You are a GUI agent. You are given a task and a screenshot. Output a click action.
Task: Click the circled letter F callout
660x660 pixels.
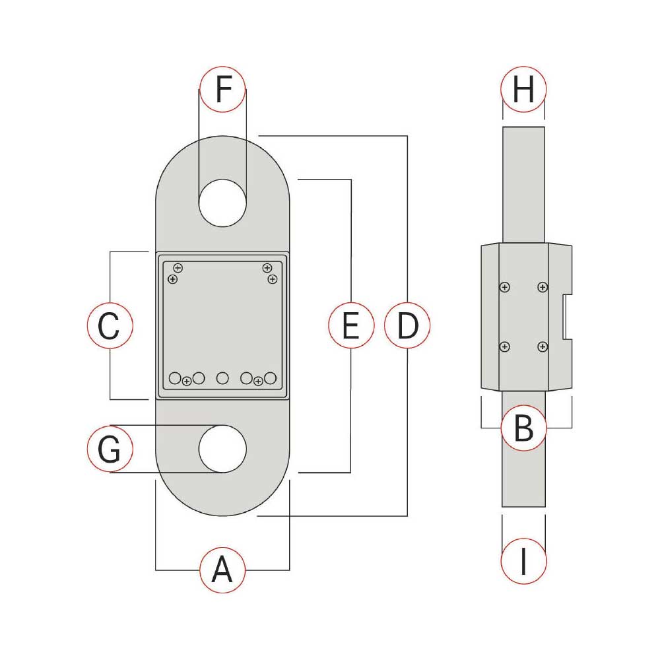point(222,89)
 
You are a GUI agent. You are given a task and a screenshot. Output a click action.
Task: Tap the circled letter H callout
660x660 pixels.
point(523,89)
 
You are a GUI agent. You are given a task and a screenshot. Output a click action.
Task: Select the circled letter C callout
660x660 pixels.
point(110,325)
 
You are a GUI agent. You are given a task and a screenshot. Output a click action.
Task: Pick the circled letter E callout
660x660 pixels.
point(351,325)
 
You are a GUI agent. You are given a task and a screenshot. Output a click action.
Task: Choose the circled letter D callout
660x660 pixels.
point(407,325)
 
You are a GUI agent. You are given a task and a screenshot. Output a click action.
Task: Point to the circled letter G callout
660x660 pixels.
point(110,449)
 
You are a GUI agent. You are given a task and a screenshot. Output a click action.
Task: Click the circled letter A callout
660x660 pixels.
point(222,570)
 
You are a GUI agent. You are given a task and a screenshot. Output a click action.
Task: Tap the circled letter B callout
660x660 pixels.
point(523,428)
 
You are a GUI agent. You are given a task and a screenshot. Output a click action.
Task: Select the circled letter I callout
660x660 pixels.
point(523,561)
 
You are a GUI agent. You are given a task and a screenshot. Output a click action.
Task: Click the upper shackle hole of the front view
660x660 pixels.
point(222,203)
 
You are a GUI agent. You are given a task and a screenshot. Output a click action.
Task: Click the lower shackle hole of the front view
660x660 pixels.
point(222,449)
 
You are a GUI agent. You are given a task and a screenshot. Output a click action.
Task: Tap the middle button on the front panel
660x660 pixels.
point(222,378)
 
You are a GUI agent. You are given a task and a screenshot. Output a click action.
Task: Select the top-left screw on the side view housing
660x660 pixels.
point(505,287)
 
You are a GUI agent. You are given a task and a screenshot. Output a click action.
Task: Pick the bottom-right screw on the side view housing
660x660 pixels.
point(543,347)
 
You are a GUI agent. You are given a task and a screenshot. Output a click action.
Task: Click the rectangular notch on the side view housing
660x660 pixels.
point(567,317)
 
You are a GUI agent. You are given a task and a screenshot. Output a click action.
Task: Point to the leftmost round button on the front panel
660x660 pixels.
point(175,378)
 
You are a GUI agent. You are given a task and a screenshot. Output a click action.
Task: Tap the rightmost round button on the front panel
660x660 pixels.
point(270,378)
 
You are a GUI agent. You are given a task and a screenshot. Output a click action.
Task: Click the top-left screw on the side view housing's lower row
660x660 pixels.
point(505,347)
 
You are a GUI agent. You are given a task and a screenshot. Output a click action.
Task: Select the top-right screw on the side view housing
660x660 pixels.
point(543,287)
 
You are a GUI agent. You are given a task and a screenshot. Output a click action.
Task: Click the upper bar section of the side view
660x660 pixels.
point(523,185)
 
